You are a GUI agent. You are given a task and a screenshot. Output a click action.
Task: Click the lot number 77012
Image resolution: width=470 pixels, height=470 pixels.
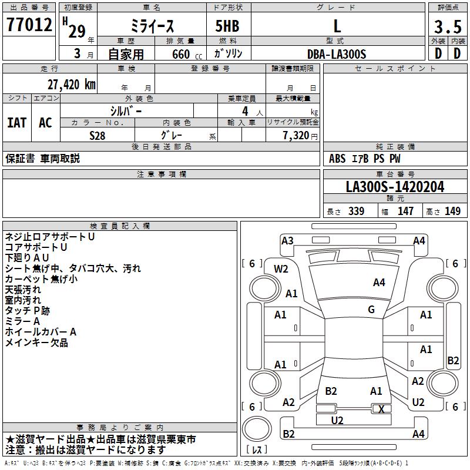(29, 25)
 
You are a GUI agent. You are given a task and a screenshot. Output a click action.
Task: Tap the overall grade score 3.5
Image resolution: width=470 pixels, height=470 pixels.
(447, 26)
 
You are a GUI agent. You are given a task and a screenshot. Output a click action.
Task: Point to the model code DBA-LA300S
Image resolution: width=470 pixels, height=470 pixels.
(337, 54)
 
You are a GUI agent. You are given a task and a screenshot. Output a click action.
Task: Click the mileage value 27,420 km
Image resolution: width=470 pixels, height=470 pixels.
(69, 84)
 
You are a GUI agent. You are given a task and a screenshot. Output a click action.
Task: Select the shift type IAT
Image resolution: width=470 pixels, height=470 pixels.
(16, 123)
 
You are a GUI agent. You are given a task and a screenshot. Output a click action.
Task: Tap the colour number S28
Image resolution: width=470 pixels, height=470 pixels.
(98, 135)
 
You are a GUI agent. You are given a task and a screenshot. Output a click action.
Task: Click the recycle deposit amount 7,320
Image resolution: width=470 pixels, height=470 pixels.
(296, 135)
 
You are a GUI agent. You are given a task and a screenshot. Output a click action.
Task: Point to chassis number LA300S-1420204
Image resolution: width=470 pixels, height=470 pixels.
(395, 187)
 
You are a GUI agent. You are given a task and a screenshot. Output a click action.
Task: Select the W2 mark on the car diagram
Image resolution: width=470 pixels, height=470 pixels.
(281, 269)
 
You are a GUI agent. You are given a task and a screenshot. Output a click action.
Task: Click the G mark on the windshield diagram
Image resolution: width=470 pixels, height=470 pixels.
(371, 310)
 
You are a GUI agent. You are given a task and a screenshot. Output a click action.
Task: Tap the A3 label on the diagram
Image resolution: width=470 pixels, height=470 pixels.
(287, 240)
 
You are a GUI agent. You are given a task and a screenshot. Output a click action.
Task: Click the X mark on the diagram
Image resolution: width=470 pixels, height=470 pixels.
(381, 409)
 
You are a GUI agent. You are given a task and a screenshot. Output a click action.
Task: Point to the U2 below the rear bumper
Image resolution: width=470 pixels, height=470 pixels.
(337, 421)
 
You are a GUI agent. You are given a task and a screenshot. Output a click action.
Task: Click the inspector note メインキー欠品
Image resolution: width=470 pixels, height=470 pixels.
(36, 343)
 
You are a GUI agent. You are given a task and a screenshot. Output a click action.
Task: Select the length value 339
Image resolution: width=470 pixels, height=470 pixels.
(356, 211)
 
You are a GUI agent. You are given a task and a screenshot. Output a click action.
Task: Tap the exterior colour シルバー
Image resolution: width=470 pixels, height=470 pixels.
(126, 110)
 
